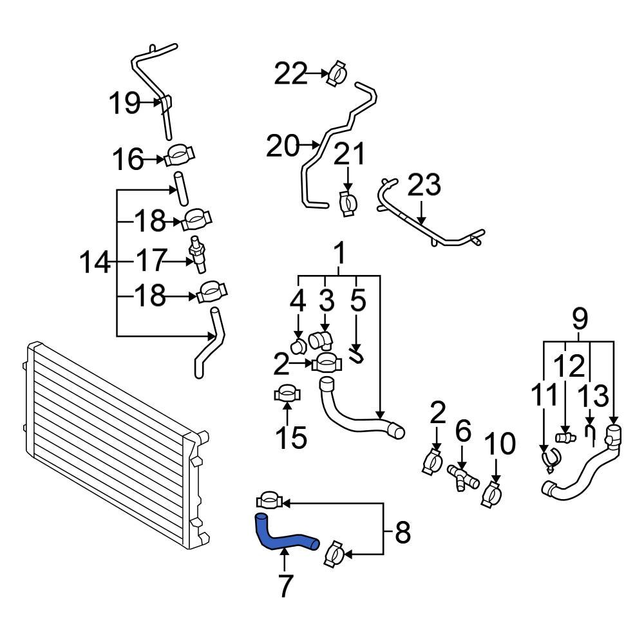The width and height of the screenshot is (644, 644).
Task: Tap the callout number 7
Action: pyautogui.click(x=284, y=585)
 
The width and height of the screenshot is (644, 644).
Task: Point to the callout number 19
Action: pyautogui.click(x=124, y=102)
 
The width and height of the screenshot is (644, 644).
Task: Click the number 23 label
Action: pyautogui.click(x=424, y=185)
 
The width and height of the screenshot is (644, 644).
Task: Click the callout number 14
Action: pyautogui.click(x=95, y=263)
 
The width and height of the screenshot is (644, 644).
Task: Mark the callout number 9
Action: pyautogui.click(x=580, y=317)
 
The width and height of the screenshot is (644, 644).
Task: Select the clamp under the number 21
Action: pyautogui.click(x=348, y=203)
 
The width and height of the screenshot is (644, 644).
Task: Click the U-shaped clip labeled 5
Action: pyautogui.click(x=356, y=354)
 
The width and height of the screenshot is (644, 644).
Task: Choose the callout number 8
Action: pyautogui.click(x=402, y=533)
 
